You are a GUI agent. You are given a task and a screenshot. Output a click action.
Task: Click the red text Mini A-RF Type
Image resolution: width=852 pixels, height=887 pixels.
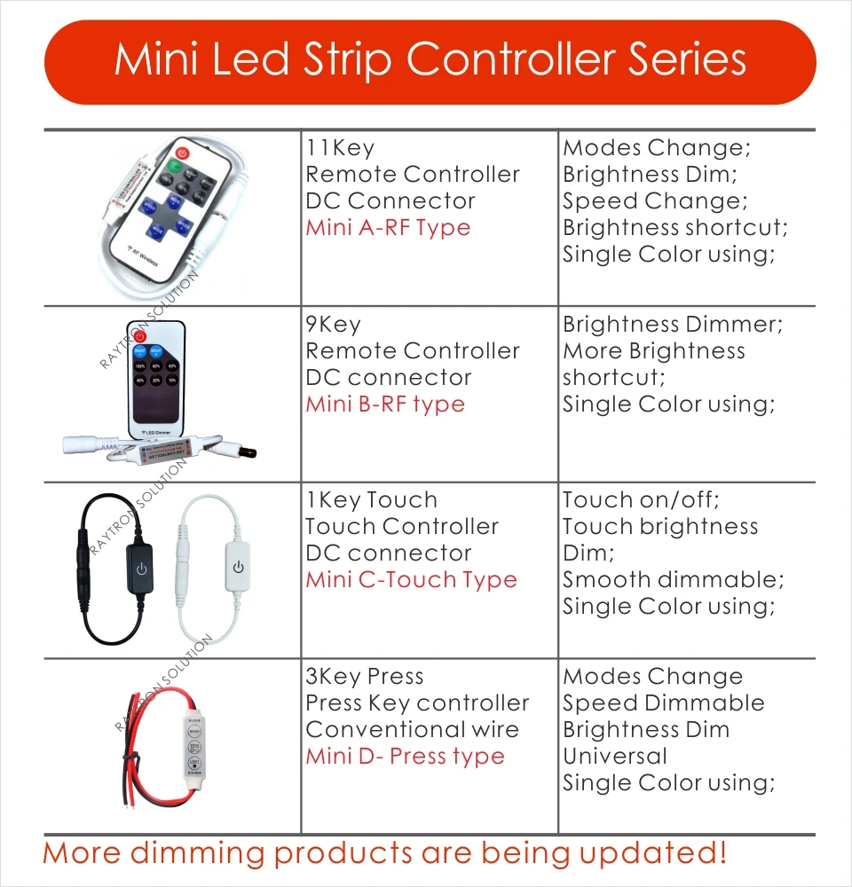pos(388,228)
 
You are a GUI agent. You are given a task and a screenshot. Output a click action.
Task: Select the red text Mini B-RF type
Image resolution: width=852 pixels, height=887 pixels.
pos(385,404)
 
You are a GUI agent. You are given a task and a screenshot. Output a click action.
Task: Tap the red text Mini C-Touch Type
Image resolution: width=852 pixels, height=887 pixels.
pos(411,580)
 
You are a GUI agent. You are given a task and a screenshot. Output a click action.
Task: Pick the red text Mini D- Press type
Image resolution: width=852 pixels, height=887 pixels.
pos(405,757)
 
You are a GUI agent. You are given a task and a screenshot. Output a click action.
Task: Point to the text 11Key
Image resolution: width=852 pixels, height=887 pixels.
pos(340,148)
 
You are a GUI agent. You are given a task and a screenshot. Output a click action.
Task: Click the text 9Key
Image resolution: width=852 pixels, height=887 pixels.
pos(333,325)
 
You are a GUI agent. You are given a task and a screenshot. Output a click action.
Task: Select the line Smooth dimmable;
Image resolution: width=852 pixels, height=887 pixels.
pos(674,580)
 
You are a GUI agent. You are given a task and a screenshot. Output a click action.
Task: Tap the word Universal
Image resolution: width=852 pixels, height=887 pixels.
pos(614,757)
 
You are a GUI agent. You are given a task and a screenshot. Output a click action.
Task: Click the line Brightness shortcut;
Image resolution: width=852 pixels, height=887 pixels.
pos(675,228)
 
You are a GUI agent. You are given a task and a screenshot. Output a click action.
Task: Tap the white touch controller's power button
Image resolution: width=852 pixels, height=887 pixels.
pos(237,566)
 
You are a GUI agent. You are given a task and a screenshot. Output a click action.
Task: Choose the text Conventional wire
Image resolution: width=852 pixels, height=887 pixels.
pos(412,730)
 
